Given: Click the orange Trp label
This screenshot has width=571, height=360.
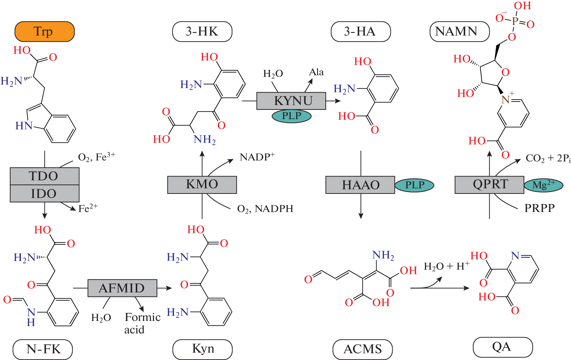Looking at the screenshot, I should click(45, 32).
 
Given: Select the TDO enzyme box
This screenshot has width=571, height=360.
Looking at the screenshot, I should click(45, 176).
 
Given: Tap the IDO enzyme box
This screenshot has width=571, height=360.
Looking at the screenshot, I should click(45, 193).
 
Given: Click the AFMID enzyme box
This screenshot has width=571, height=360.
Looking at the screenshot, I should click(122, 288).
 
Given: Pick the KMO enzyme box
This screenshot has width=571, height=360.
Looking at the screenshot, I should click(202, 184).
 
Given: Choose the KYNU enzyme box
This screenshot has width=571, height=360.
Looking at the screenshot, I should click(291, 101).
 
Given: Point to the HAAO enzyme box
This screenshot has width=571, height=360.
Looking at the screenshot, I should click(360, 185).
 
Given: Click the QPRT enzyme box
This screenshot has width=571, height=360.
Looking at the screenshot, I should click(489, 184).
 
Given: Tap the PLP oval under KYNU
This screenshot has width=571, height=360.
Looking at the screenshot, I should click(291, 116).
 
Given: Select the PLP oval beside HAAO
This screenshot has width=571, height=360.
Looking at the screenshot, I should click(414, 185).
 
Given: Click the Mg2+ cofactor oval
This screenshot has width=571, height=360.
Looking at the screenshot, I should click(543, 185).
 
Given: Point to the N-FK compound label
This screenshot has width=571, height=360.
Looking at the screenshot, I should click(43, 349).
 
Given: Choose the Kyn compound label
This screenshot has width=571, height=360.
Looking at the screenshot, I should click(202, 349).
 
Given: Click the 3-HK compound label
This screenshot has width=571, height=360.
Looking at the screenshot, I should click(202, 32).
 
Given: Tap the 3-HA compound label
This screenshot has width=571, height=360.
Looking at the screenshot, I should click(361, 32).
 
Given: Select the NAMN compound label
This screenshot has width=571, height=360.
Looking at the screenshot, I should click(459, 32).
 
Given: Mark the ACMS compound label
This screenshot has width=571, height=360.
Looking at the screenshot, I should click(363, 349).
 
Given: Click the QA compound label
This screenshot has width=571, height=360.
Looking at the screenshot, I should click(502, 347).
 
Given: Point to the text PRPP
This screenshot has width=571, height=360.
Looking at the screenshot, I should click(539, 208).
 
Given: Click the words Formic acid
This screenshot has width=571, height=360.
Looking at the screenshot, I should click(141, 323).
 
